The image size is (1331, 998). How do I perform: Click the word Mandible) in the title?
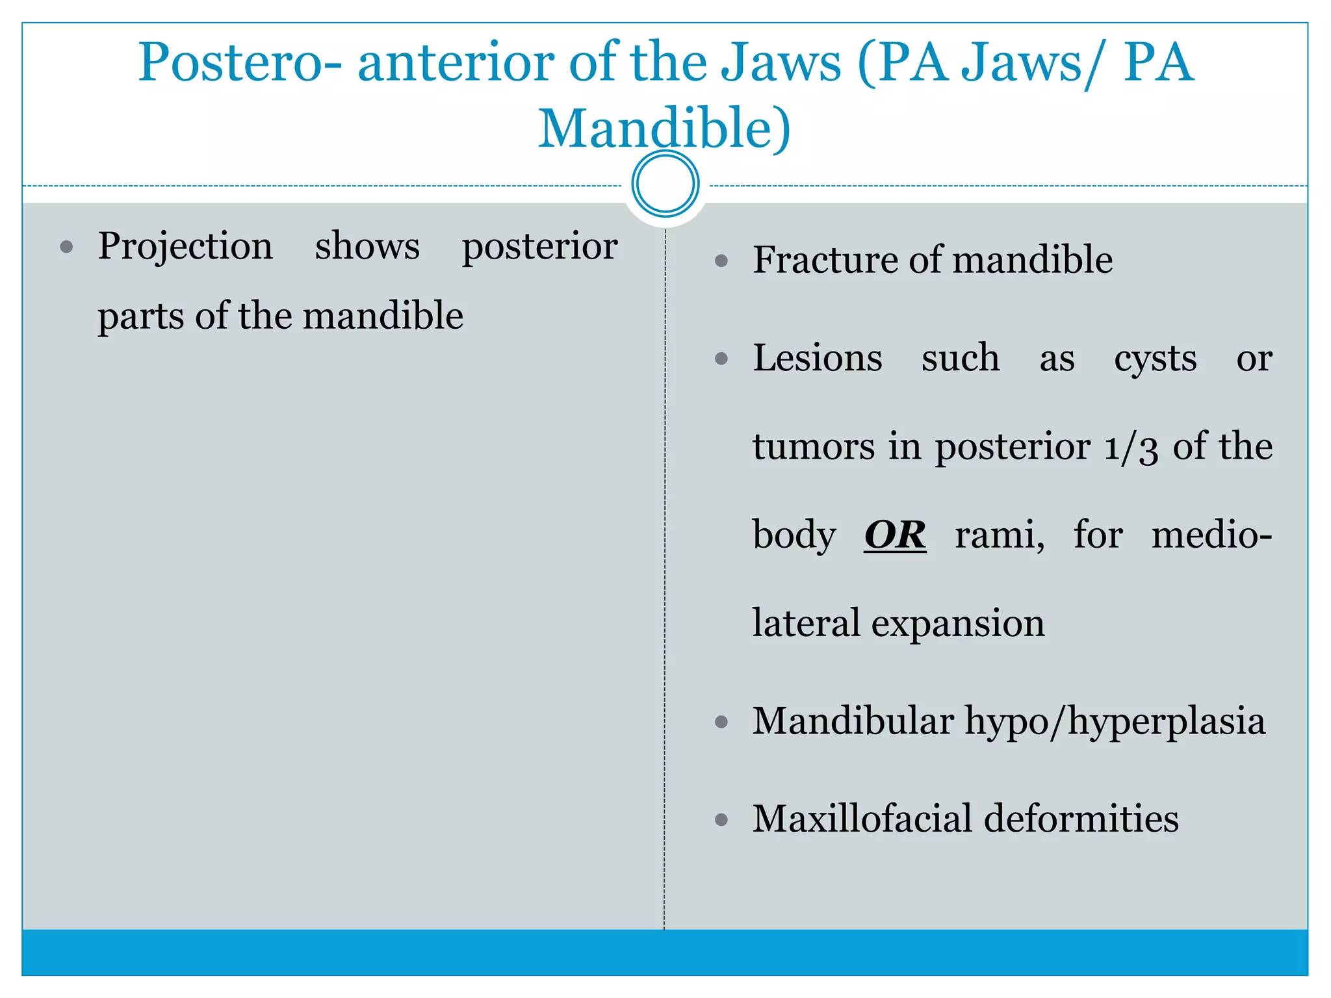tap(664, 129)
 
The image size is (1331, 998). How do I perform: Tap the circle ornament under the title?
tap(665, 184)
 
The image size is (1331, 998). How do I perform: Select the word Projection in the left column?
tap(185, 247)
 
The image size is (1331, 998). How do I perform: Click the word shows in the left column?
tap(367, 247)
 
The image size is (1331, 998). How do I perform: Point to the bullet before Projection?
tap(66, 248)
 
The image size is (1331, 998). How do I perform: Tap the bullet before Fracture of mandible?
tap(721, 261)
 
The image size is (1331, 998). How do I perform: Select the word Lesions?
tap(817, 358)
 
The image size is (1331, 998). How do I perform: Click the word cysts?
tap(1155, 359)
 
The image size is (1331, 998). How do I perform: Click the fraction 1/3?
tap(1131, 448)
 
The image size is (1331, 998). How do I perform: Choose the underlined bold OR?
tap(895, 535)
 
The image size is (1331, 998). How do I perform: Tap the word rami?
tap(1000, 535)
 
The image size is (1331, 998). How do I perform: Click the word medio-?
tap(1211, 535)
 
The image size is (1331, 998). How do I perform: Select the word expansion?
tap(958, 624)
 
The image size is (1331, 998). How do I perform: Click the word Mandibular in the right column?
tap(853, 721)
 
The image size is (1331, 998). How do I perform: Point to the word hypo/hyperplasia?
tap(1115, 723)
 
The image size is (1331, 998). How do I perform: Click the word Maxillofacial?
tap(862, 819)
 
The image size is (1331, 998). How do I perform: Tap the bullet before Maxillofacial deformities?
tap(721, 820)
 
